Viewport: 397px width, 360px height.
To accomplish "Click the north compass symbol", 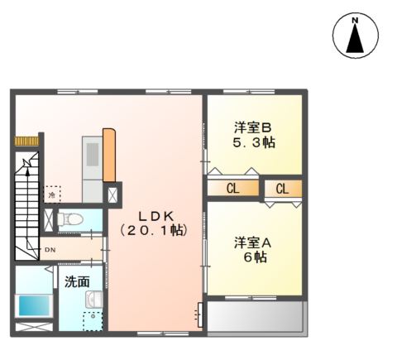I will click(x=355, y=36).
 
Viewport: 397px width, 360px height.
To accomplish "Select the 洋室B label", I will click(x=252, y=127).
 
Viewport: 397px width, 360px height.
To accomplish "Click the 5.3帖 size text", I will click(x=253, y=142).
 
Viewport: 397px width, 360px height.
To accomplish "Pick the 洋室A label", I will click(x=252, y=242).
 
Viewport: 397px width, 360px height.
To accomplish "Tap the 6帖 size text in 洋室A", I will click(x=253, y=257).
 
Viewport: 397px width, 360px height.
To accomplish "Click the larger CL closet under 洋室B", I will click(x=232, y=189).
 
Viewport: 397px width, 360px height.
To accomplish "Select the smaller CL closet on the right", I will click(x=282, y=189).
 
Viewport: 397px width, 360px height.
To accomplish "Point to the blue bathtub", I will click(x=34, y=305).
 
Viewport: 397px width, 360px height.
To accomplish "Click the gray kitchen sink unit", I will click(x=91, y=158).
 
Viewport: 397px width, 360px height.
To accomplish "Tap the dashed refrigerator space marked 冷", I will click(x=52, y=193).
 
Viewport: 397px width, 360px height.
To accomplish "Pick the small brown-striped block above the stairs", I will click(x=27, y=140).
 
